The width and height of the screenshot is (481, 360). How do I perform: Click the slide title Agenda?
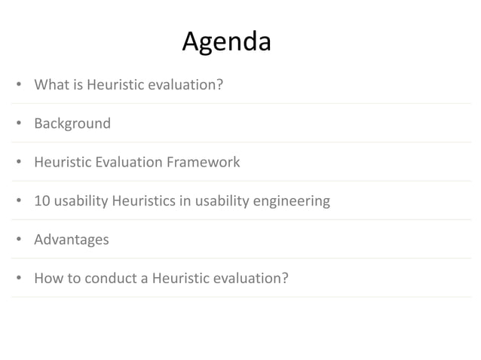226,41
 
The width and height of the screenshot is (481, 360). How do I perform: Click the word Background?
72,123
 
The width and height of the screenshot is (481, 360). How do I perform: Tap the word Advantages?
72,239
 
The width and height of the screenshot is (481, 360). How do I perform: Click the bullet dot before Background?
18,124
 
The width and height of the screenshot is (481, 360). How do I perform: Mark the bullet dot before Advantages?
18,240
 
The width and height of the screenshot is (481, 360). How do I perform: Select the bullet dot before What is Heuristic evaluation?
18,85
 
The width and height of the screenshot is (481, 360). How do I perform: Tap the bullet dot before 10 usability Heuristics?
18,202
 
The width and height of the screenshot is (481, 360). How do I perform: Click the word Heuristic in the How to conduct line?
182,279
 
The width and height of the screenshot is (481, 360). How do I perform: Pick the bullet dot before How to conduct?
18,279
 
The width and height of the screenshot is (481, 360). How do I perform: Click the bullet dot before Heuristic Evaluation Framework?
18,163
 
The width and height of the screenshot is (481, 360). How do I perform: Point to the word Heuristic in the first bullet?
116,84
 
